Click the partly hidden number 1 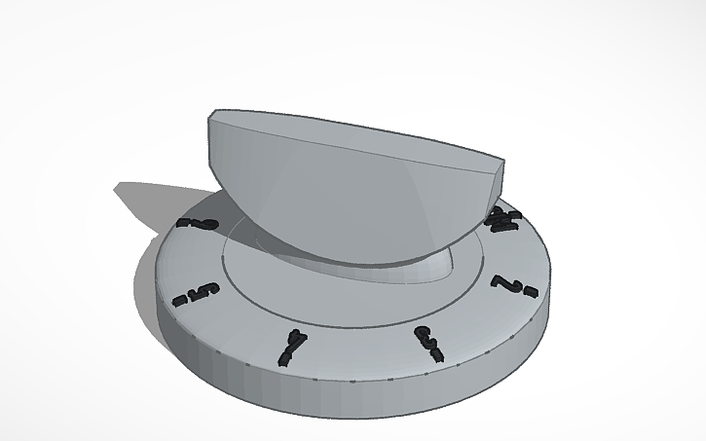pyautogui.click(x=502, y=220)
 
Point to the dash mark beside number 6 pyautogui.click(x=184, y=222)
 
